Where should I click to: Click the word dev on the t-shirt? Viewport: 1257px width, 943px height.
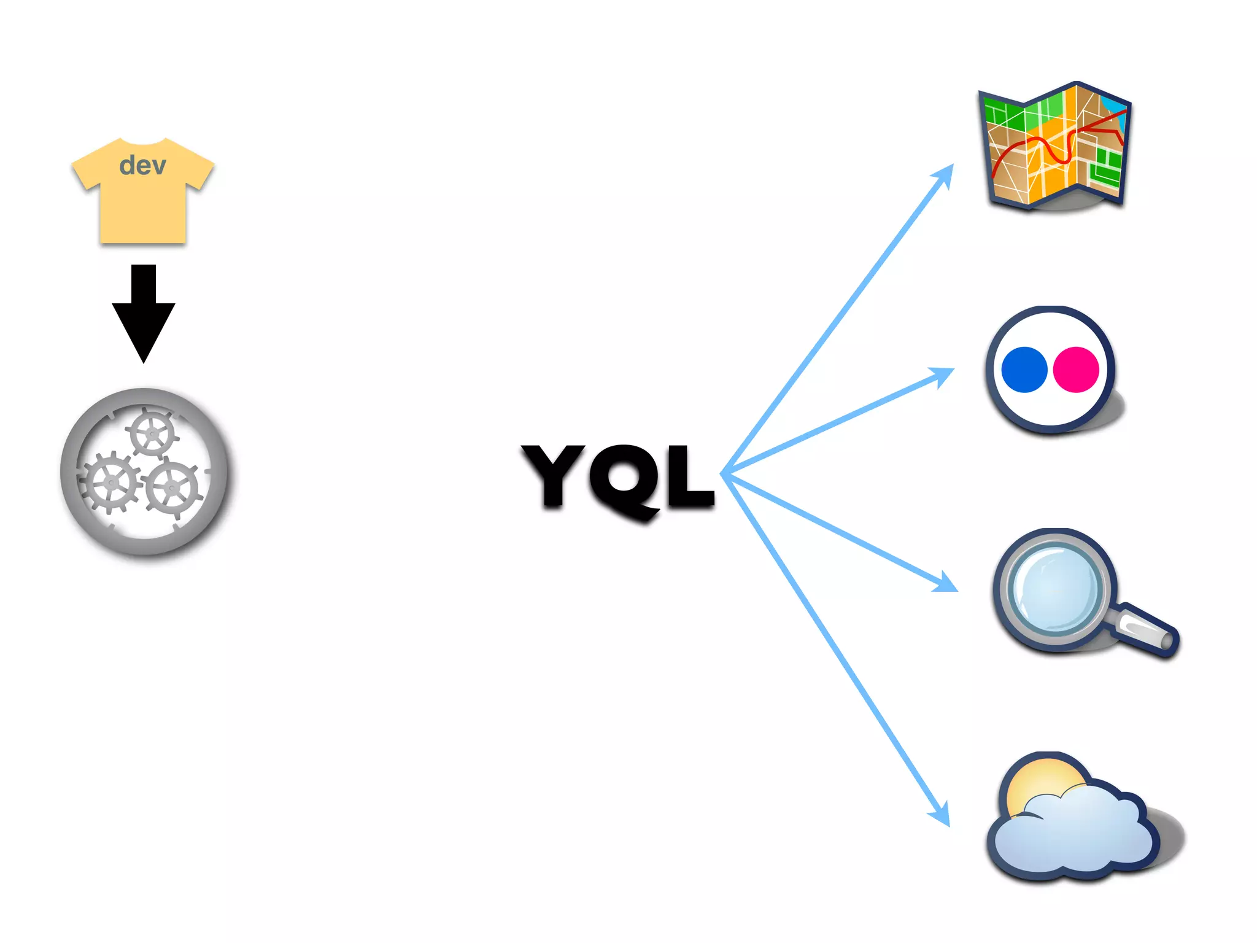point(142,166)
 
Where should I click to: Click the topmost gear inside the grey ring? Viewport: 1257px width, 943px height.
point(152,433)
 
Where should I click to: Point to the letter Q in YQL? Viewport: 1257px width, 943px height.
point(626,479)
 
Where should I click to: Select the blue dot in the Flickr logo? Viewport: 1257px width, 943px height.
point(1024,370)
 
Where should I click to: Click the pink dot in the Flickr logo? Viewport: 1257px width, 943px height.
point(1076,370)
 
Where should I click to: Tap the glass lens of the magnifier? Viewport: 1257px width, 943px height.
point(1056,588)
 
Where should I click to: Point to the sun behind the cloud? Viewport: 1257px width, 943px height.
point(1043,780)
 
